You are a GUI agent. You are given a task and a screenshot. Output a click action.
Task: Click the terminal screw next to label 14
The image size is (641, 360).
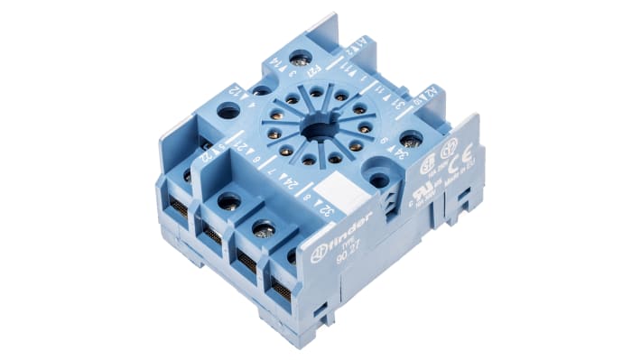300,60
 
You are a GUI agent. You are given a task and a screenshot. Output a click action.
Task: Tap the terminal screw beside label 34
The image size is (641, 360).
411,140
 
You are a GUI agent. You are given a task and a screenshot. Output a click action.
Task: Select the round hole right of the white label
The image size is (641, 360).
379,179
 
